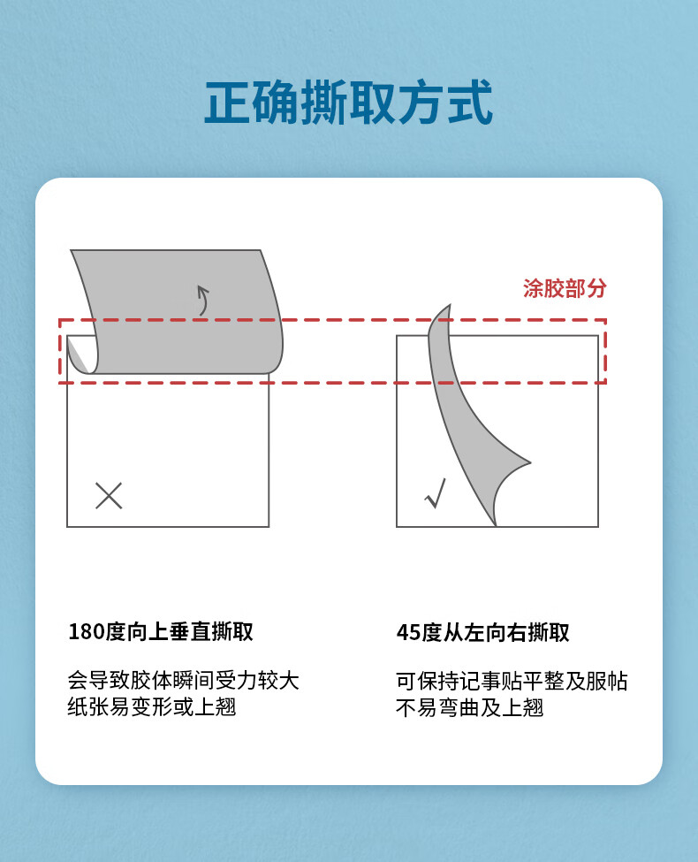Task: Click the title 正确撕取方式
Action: pos(348,103)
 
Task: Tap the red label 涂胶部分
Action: pos(565,288)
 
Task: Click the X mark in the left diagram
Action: pos(109,495)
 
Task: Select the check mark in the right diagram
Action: pos(436,493)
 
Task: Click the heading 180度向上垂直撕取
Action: pos(161,631)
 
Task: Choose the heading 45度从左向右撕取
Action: pos(482,632)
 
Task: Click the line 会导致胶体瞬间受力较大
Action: pos(184,681)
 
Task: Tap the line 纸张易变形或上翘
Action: pos(152,707)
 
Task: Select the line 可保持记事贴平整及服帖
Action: pos(512,681)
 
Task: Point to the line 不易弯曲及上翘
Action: pos(469,707)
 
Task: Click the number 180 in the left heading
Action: pos(87,631)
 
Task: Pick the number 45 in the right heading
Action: pos(408,633)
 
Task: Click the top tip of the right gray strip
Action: pos(450,306)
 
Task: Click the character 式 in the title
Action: pos(470,103)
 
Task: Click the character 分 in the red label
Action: pos(596,288)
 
